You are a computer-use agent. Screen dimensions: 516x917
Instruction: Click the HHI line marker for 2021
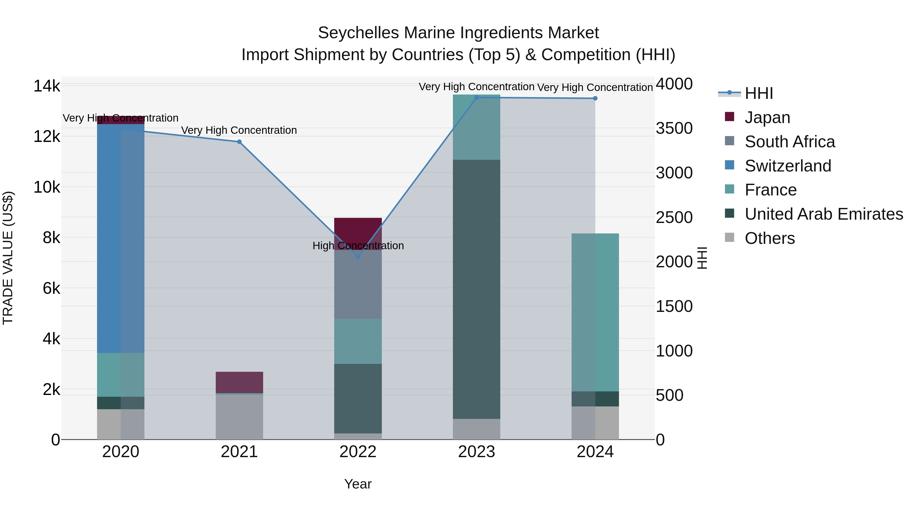239,142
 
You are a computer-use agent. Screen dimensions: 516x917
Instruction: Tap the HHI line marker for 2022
358,257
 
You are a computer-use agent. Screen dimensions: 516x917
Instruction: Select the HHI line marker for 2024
595,98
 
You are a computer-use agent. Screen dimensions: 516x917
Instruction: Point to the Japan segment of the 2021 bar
239,382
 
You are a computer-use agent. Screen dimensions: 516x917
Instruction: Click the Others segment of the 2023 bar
476,429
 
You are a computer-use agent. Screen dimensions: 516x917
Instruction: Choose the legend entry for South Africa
790,142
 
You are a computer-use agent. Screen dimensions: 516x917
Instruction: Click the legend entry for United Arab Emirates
824,214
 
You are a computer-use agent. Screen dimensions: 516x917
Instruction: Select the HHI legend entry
759,93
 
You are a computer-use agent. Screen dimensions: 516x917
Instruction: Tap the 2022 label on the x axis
358,452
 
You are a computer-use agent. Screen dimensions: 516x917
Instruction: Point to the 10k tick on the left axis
47,187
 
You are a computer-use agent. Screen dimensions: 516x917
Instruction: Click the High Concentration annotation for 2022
358,246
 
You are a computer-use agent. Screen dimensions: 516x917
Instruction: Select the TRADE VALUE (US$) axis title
8,258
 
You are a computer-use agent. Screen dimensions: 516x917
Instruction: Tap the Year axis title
358,484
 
